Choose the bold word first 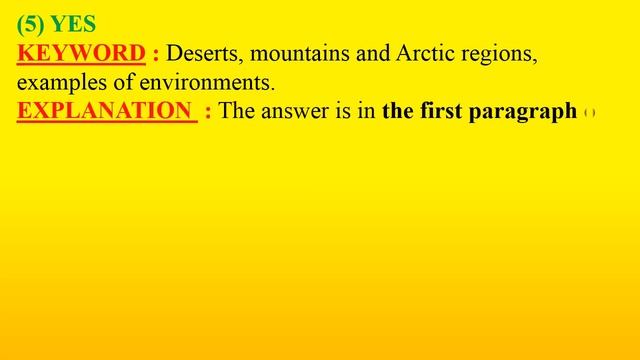pos(437,111)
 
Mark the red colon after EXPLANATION pos(206,112)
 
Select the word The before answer pos(237,111)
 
